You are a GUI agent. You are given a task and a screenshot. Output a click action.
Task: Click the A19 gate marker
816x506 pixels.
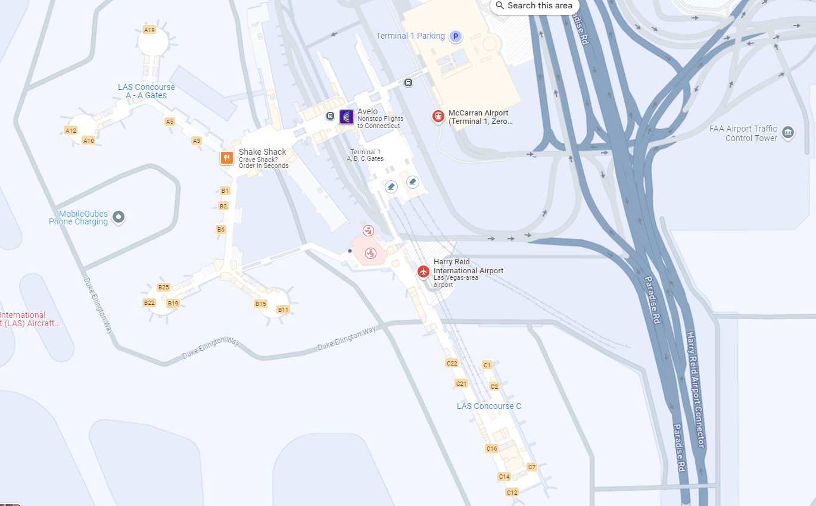[150, 29]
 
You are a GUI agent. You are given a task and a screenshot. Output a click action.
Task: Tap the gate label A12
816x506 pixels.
[71, 130]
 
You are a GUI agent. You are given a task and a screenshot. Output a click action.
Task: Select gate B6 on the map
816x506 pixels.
[221, 229]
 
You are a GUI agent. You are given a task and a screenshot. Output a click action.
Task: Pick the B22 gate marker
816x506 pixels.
[149, 302]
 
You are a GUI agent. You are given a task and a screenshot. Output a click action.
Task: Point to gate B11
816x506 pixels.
[283, 310]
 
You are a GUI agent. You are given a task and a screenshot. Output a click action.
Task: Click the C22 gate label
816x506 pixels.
[451, 363]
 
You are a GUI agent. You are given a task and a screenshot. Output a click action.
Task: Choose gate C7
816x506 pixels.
[532, 467]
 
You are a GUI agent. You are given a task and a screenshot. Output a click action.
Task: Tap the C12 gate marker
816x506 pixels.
[512, 492]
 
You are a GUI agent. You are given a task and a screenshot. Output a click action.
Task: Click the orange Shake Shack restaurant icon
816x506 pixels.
[226, 158]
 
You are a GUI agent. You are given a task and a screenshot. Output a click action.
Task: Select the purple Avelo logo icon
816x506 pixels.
[347, 117]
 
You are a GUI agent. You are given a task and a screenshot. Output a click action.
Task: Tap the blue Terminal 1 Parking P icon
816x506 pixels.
[455, 36]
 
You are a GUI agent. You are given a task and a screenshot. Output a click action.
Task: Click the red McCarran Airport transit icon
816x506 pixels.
[438, 117]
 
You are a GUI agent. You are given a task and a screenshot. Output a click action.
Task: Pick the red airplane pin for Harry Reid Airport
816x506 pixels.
[423, 271]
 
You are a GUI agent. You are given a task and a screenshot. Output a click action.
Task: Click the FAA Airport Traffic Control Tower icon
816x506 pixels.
[788, 132]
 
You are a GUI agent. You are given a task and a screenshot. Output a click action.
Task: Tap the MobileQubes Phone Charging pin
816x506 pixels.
[119, 217]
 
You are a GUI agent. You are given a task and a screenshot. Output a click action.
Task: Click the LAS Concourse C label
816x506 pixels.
[489, 406]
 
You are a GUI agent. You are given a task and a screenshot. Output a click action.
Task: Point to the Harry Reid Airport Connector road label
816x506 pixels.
[696, 390]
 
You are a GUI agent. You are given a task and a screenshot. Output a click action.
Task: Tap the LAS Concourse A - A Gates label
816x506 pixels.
[147, 91]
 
